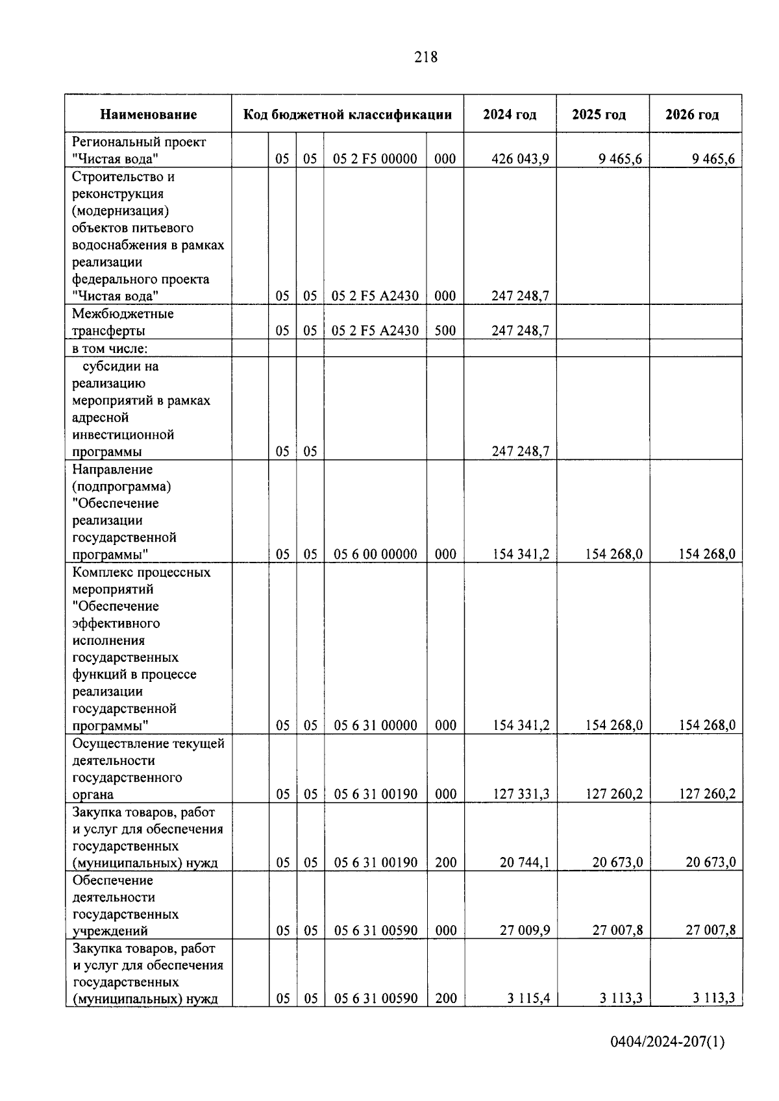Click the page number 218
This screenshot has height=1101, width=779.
coord(426,57)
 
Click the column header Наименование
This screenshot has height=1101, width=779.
coord(148,115)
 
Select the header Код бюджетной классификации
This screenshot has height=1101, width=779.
coord(347,115)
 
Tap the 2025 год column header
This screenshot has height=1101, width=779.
coord(599,115)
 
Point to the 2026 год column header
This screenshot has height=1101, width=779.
coord(692,115)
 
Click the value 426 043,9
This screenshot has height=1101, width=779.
coord(520,159)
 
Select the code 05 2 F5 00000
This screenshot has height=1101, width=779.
coord(375,159)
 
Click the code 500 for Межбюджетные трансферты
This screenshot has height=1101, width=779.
coord(445,330)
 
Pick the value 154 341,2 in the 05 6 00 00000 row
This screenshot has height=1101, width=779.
coord(521,554)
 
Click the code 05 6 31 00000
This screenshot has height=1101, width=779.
coord(375,725)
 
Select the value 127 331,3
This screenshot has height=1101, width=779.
coord(521,794)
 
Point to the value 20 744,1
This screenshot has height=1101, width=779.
coord(525,862)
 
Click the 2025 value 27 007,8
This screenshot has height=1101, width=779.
coord(617,930)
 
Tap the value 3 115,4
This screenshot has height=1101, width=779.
coord(528,998)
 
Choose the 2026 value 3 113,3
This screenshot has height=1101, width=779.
coord(713,998)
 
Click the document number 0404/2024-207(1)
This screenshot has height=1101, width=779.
coord(667,1043)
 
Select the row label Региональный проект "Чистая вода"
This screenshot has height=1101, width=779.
coord(139,150)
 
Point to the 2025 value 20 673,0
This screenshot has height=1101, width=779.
coord(617,862)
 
